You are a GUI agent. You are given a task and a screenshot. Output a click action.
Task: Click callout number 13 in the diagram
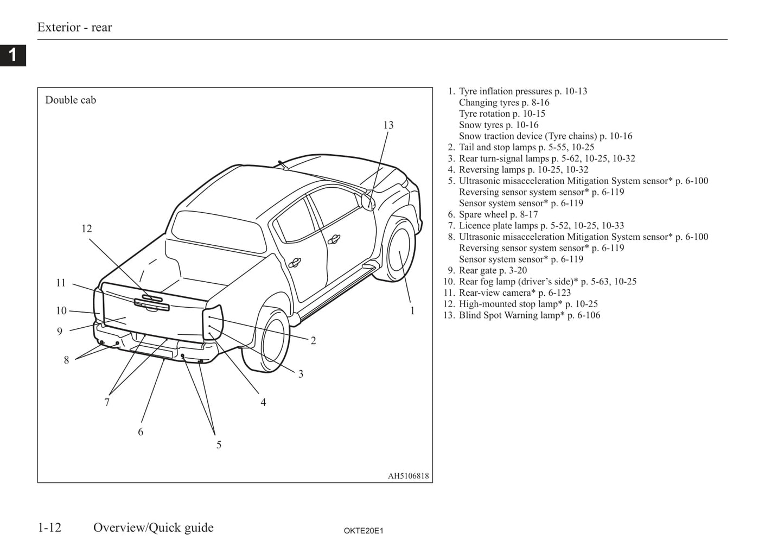388,125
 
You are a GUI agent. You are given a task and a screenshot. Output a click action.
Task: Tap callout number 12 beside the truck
87,228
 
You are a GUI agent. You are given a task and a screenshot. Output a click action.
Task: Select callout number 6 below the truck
141,432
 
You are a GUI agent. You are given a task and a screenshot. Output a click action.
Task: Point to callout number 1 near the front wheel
412,310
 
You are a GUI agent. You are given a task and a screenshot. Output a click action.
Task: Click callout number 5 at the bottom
219,445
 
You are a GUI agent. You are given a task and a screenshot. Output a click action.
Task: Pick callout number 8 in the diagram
66,360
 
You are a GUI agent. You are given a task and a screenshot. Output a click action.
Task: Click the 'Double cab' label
71,100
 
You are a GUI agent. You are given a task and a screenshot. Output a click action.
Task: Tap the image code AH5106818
408,476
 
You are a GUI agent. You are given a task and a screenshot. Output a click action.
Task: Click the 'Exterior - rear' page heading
74,27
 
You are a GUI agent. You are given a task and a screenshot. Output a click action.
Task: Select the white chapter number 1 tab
12,55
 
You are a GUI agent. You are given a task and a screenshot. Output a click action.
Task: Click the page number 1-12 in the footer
49,527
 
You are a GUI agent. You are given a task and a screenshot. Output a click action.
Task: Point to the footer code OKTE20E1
364,531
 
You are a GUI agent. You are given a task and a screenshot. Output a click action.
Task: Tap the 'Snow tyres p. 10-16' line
499,125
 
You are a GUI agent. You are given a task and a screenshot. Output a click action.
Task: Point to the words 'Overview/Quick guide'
154,527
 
